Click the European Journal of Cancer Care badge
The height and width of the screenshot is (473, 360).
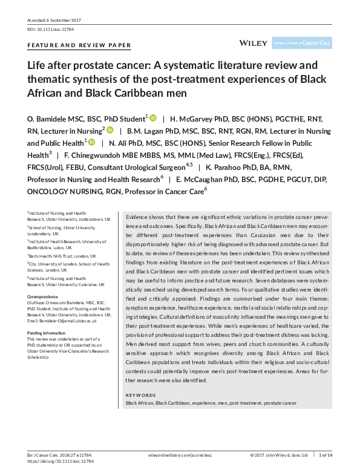coord(302,43)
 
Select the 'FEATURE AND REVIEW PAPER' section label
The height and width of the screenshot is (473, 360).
coord(79,45)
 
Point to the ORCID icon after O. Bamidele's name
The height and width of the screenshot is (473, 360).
coord(153,117)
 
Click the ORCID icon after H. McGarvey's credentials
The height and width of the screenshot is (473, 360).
coord(110,130)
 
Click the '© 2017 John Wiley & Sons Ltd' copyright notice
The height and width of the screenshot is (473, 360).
coord(279,455)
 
